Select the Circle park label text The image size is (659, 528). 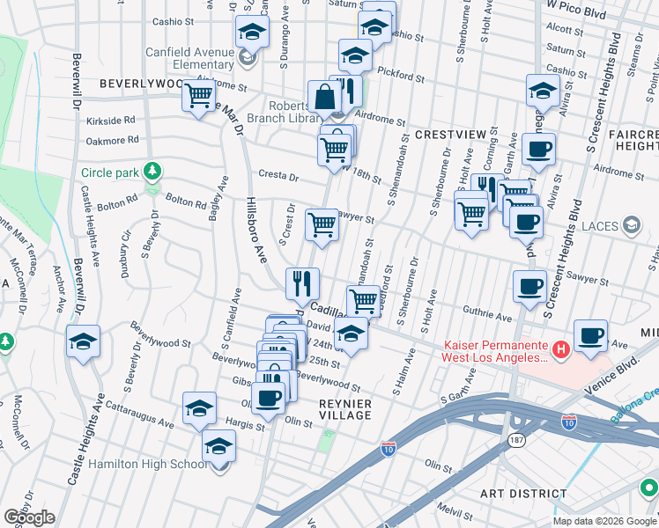pos(111,172)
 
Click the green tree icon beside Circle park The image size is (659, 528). pos(153,169)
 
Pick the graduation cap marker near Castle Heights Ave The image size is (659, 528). pos(83,341)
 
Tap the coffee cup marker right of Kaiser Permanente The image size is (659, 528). pos(590,335)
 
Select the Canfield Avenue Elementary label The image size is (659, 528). pos(189,57)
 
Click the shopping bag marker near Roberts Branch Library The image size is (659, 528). pos(324,96)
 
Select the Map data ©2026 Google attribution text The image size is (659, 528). pos(603,521)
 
